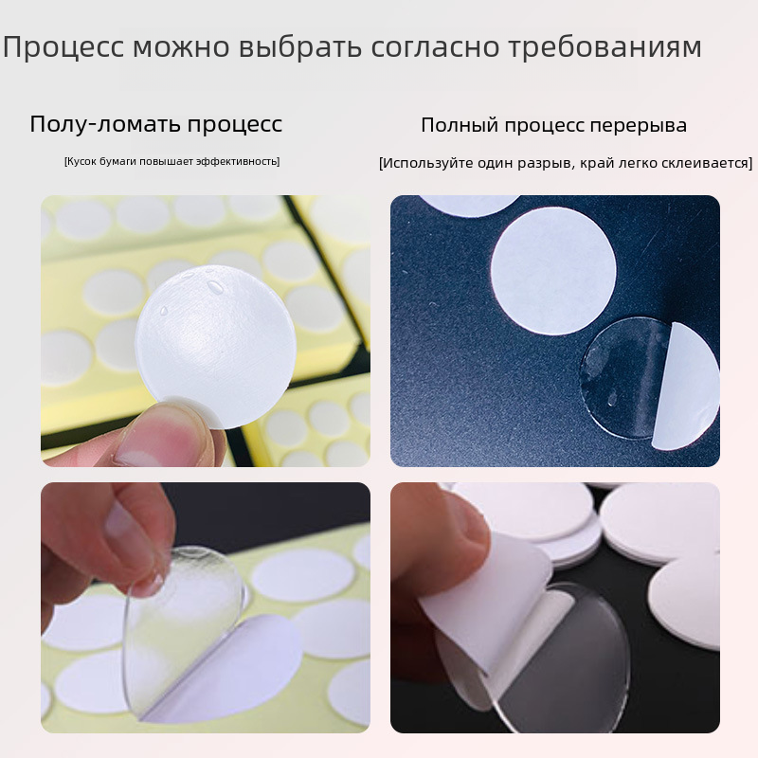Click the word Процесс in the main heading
(x=63, y=46)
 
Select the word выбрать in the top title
(x=300, y=47)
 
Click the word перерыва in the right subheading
(x=638, y=126)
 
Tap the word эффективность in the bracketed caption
(x=238, y=161)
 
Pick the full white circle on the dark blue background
(x=553, y=272)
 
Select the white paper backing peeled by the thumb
(x=488, y=605)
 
